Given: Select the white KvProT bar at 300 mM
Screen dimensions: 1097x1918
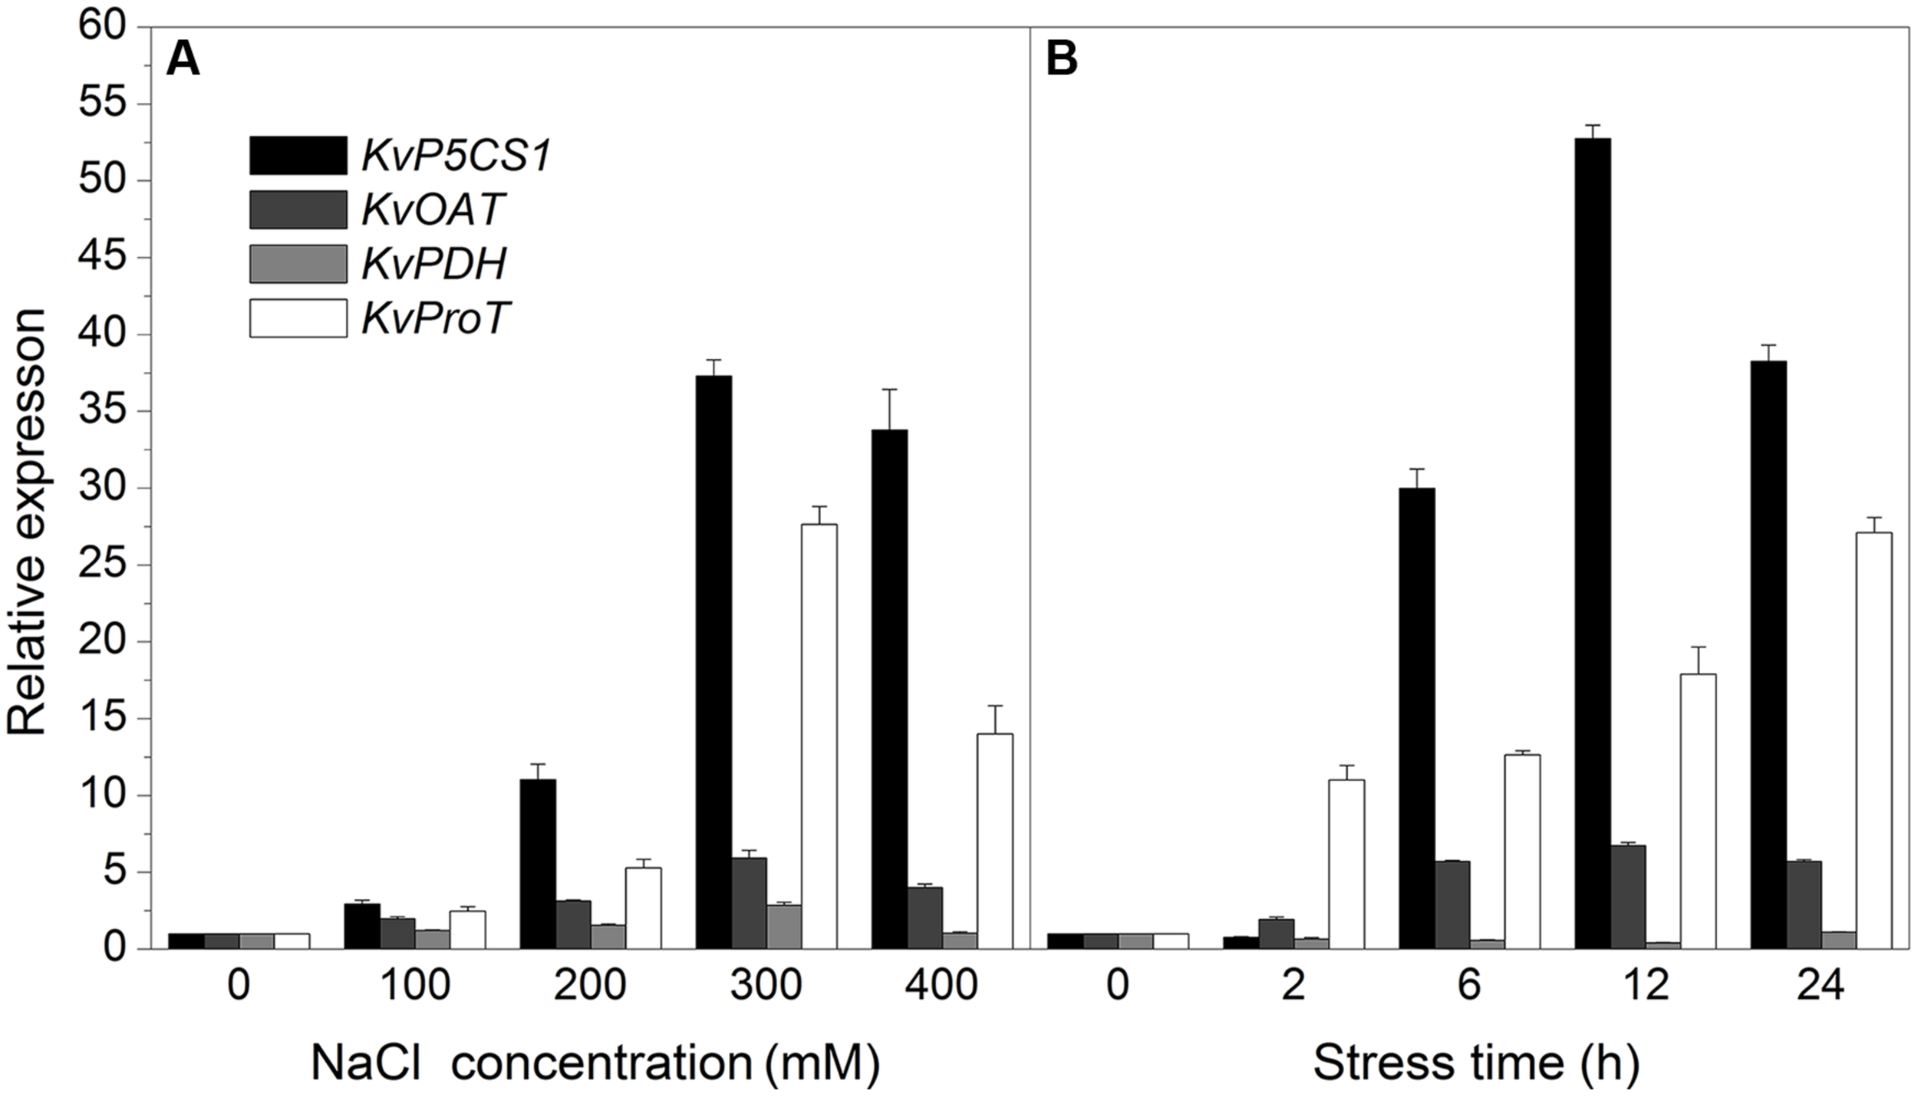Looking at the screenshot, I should click(x=819, y=736).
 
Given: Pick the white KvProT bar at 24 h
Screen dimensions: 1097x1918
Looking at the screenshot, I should click(x=1874, y=740).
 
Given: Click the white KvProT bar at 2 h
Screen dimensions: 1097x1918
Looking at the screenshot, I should click(x=1346, y=864).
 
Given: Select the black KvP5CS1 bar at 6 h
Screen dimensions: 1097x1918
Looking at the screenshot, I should click(x=1417, y=718).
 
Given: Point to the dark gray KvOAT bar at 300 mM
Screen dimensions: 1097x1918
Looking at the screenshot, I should click(x=749, y=903).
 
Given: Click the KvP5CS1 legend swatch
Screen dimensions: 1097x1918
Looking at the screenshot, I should click(x=298, y=156).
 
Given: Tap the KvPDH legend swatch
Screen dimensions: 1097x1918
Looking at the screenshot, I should click(x=298, y=264).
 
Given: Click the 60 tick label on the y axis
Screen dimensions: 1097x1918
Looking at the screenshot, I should click(x=104, y=28).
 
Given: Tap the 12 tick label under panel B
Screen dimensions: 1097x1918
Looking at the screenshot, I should click(x=1645, y=986).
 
